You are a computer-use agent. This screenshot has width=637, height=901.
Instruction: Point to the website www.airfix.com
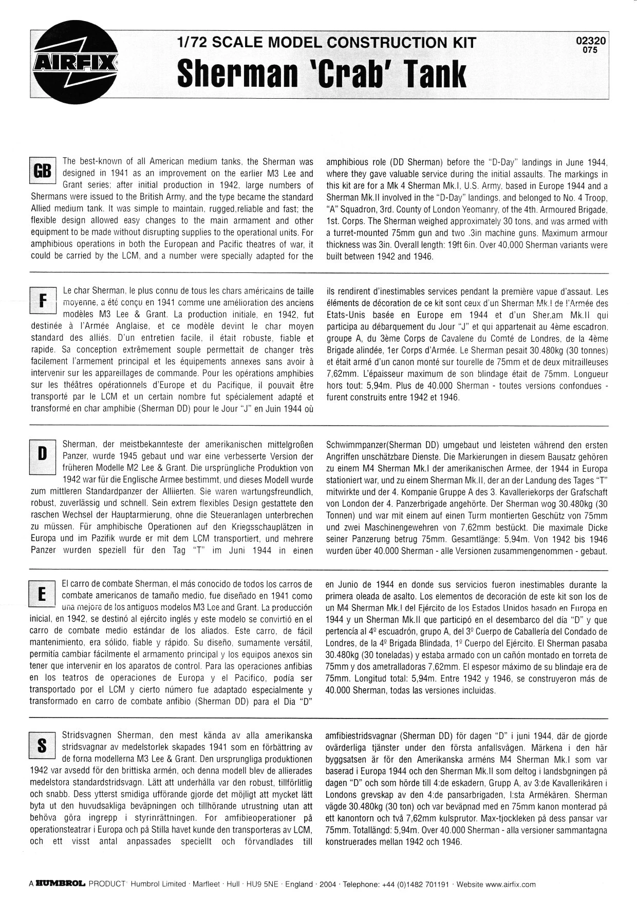[x=511, y=885]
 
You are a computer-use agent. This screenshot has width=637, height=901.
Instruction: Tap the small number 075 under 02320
[x=591, y=50]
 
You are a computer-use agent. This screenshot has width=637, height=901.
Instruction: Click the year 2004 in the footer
[x=327, y=885]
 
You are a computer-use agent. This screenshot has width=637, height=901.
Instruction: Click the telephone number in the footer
[x=415, y=885]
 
